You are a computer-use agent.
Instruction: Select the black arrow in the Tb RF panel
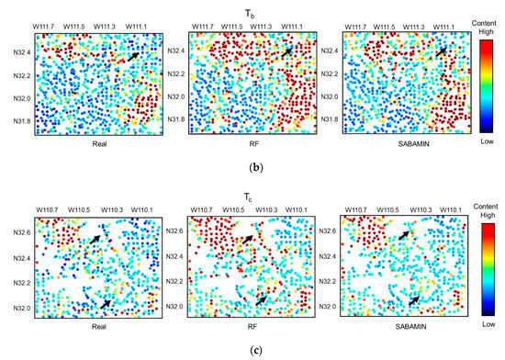tap(289, 52)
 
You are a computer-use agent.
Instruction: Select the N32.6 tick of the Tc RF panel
tap(174, 232)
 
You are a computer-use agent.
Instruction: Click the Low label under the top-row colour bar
tap(487, 142)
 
